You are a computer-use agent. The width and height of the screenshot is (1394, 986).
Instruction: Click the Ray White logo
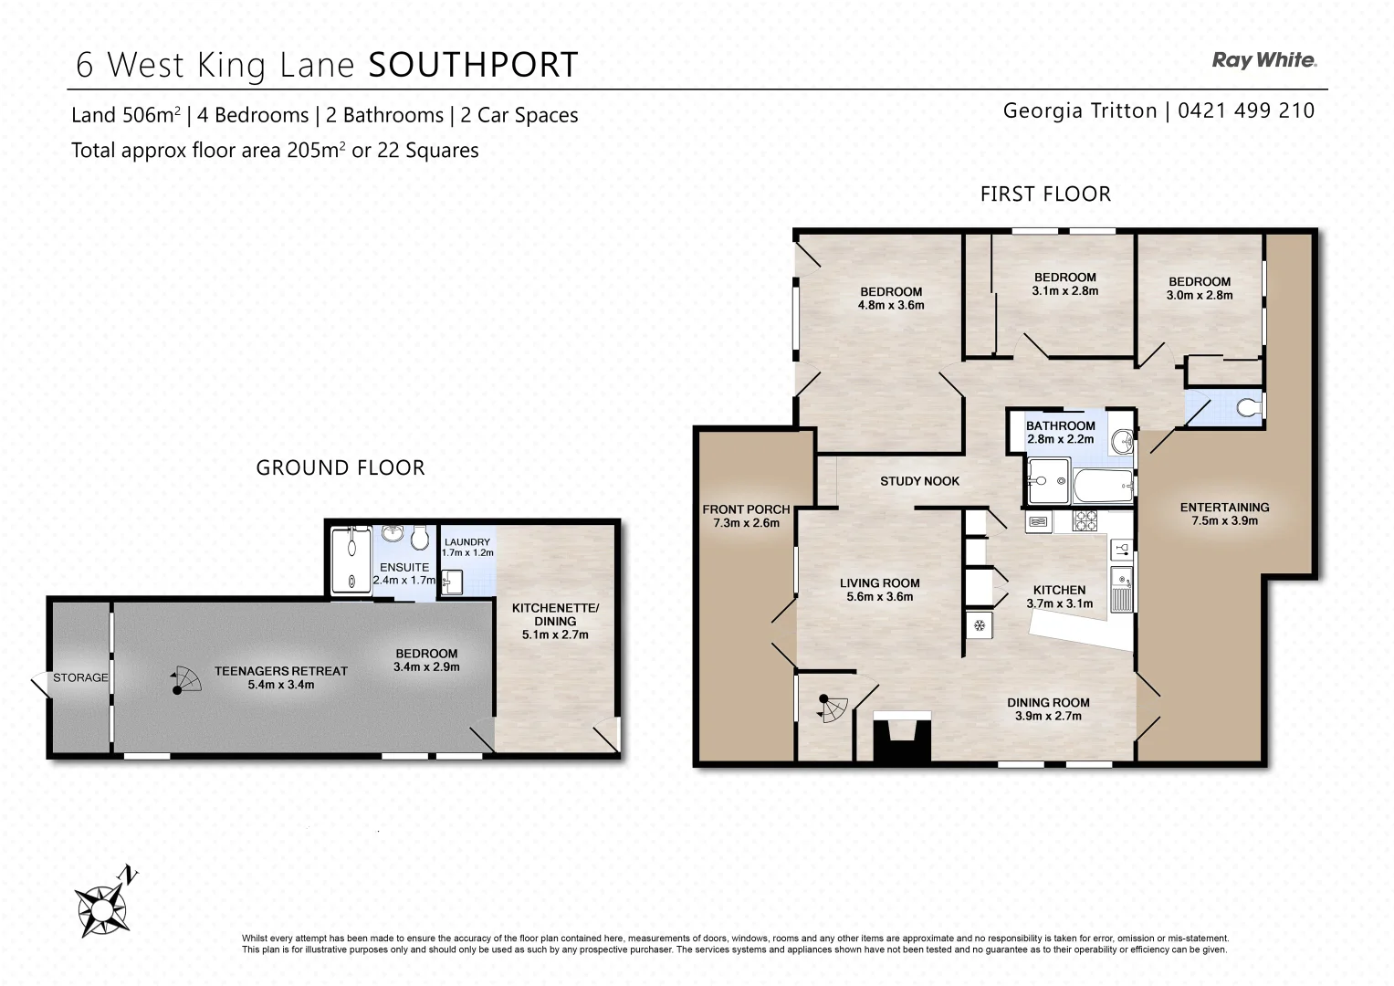click(1263, 60)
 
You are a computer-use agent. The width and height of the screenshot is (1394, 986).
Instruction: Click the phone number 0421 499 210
click(1246, 110)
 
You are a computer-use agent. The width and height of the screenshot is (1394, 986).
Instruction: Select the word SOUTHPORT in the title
click(473, 65)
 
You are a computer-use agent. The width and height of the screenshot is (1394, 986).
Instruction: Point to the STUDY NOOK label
click(919, 481)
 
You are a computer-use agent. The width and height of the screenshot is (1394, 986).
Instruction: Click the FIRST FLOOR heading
click(1045, 194)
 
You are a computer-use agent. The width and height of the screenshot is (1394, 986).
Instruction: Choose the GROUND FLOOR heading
click(341, 467)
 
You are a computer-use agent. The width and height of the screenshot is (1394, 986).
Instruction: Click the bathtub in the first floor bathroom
click(1104, 486)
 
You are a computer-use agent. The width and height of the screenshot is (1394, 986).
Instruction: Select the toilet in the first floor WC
click(1248, 407)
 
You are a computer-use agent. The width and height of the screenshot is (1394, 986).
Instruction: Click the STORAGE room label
click(80, 677)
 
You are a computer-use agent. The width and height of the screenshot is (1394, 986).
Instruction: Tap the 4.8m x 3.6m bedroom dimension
click(891, 305)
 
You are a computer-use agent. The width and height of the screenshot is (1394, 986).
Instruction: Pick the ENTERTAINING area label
click(1224, 508)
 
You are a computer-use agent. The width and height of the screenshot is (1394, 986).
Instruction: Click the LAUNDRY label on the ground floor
click(466, 542)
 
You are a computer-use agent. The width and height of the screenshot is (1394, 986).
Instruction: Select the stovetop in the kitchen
click(1085, 520)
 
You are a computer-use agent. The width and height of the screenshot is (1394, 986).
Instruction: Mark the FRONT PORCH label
click(746, 509)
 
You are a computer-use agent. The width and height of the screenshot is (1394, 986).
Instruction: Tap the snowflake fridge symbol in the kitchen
click(979, 625)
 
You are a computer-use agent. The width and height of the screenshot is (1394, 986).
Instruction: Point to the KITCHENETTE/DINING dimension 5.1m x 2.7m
click(555, 635)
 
